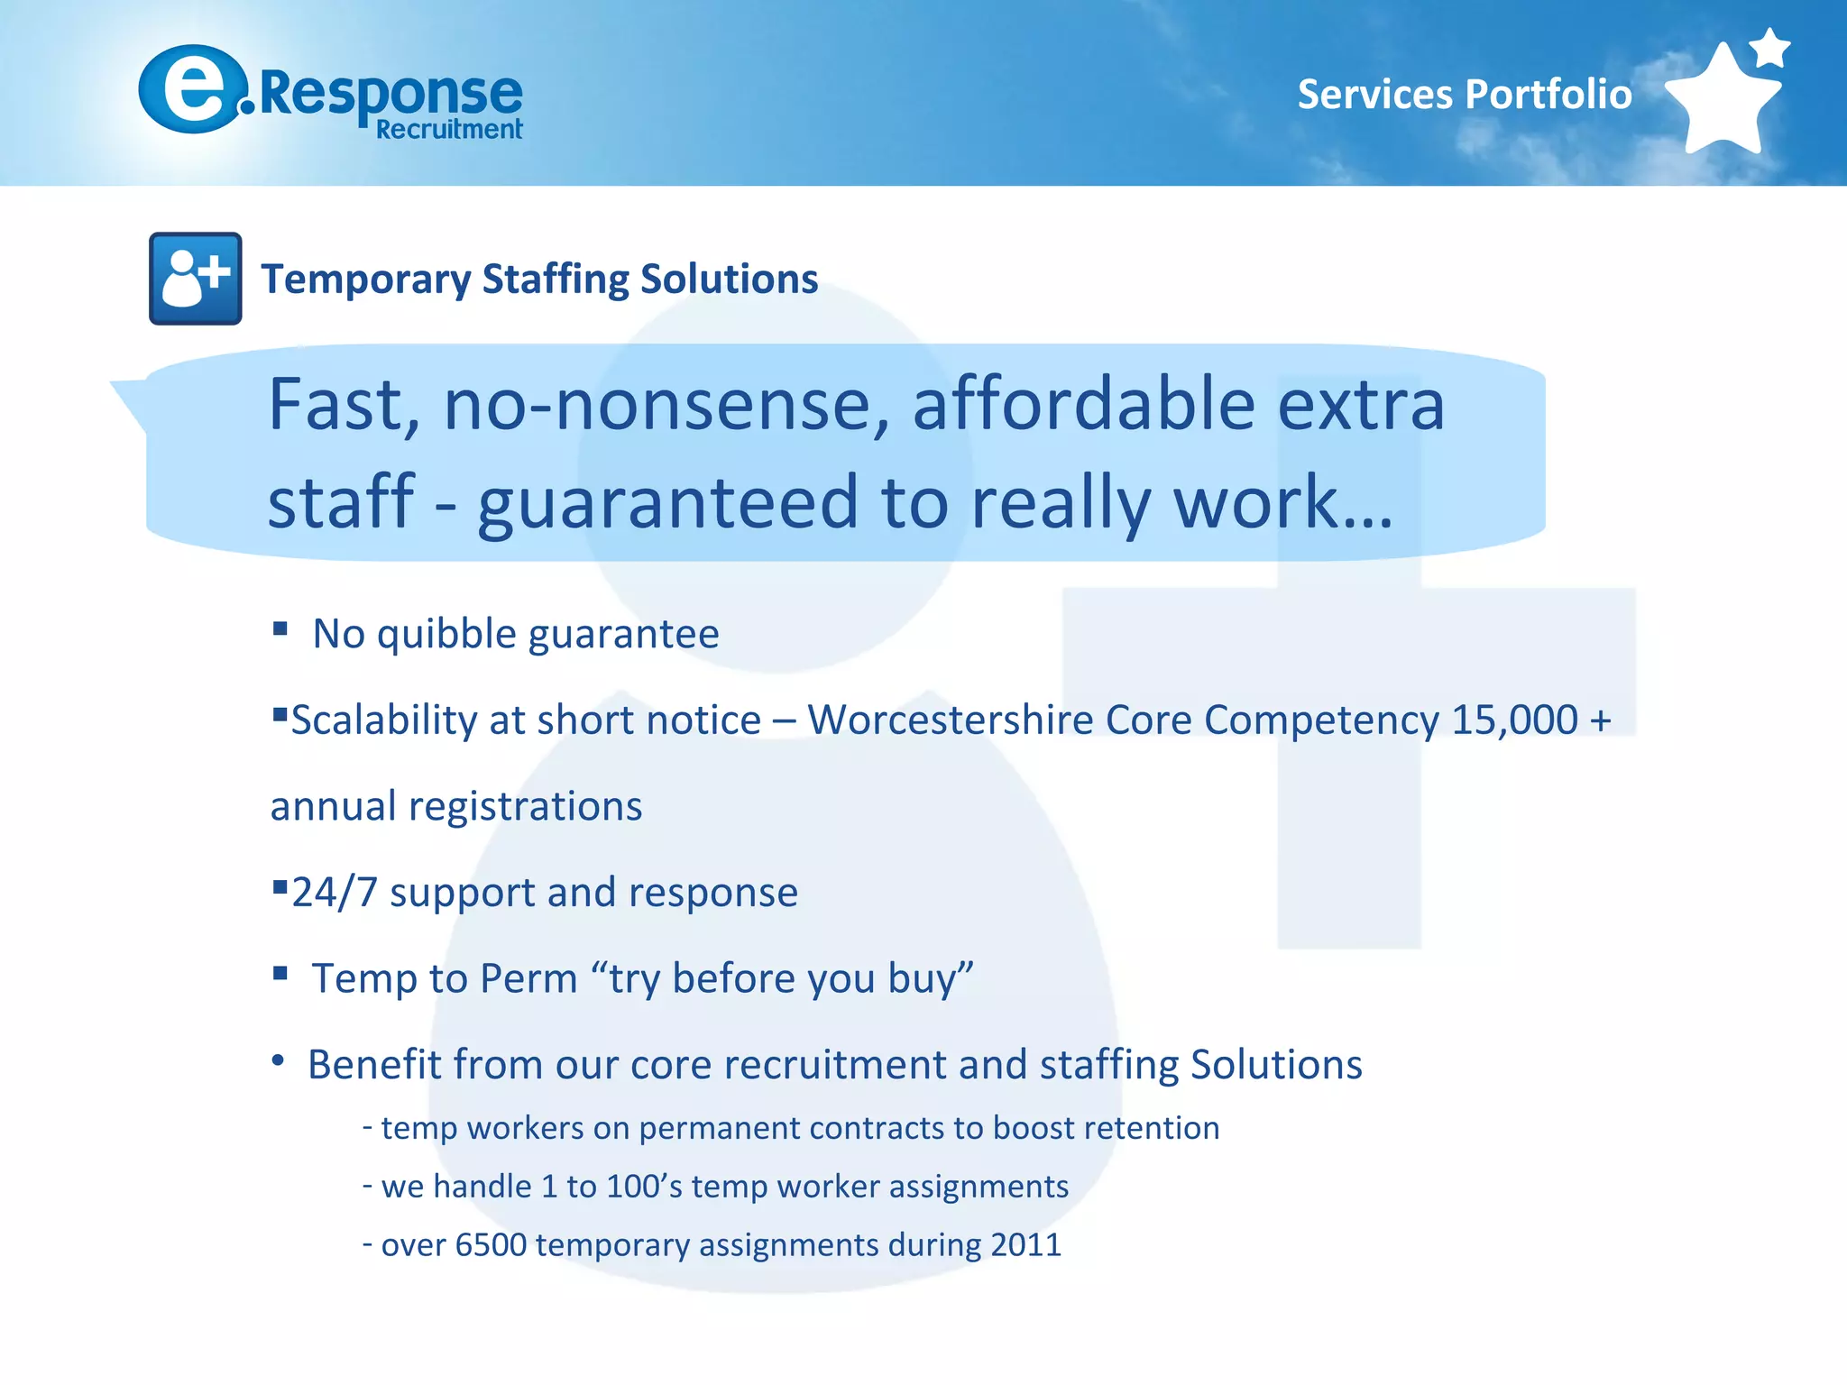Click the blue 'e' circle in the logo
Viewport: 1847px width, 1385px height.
click(x=192, y=90)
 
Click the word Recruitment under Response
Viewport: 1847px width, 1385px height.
click(x=449, y=130)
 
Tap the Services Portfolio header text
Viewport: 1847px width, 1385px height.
click(x=1464, y=95)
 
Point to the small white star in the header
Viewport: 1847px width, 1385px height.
click(x=1770, y=48)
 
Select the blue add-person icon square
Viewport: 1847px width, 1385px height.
click(x=195, y=279)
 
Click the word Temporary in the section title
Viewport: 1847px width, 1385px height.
click(x=365, y=280)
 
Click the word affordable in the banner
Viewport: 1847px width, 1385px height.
click(x=1083, y=405)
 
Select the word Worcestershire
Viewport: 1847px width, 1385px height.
click(x=950, y=720)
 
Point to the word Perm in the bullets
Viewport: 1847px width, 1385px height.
click(x=528, y=978)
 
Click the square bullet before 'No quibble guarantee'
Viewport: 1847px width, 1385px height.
click(x=280, y=628)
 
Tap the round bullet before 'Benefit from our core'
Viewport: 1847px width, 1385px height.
click(x=279, y=1061)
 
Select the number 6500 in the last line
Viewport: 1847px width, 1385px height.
click(x=491, y=1245)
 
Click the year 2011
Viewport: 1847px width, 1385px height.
click(x=1025, y=1245)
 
